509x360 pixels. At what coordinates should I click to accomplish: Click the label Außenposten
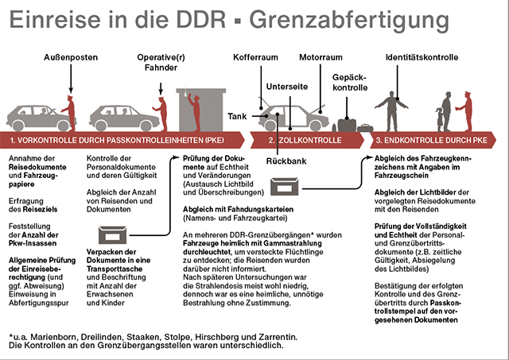(71, 57)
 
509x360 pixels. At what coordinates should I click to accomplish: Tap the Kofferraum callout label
(255, 57)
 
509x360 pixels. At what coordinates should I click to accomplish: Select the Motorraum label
(321, 57)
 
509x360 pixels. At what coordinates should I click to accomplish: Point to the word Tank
(237, 116)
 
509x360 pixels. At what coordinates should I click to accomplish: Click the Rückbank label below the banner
(286, 161)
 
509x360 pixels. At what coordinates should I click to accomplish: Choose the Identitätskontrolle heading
(422, 57)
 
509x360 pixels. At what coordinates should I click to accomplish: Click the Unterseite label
(287, 87)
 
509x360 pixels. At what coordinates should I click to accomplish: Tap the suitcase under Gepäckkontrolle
(347, 126)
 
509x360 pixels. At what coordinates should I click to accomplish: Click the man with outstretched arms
(391, 111)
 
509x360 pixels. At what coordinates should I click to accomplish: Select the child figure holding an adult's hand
(440, 119)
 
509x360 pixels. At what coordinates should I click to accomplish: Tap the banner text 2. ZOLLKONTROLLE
(305, 140)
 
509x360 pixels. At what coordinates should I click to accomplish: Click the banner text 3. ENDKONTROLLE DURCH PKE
(431, 140)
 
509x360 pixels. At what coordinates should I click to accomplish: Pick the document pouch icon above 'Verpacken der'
(112, 235)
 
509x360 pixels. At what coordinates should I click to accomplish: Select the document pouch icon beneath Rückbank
(285, 187)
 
